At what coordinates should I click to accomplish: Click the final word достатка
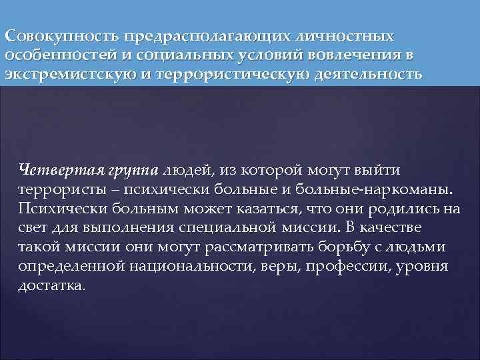point(53,287)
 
